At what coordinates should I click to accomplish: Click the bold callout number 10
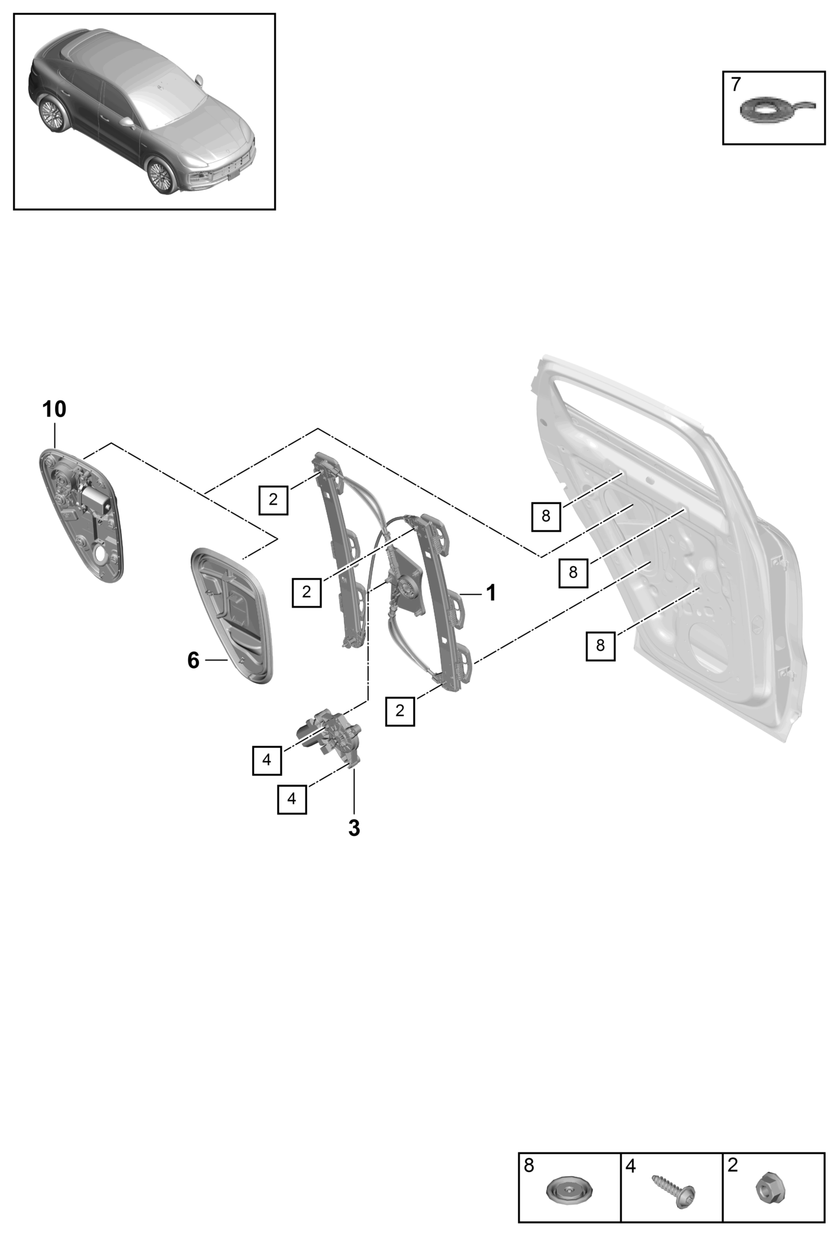(x=54, y=409)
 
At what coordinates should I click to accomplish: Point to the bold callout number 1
(x=491, y=593)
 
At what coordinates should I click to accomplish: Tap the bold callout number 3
(x=354, y=828)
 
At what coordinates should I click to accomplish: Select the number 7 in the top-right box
(x=736, y=85)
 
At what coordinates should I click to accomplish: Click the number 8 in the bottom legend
(x=529, y=1166)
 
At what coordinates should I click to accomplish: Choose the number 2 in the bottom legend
(x=733, y=1166)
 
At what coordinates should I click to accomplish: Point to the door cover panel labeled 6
(x=231, y=616)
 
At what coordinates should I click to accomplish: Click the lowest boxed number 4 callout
(x=292, y=799)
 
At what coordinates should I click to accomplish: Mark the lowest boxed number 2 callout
(x=400, y=711)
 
